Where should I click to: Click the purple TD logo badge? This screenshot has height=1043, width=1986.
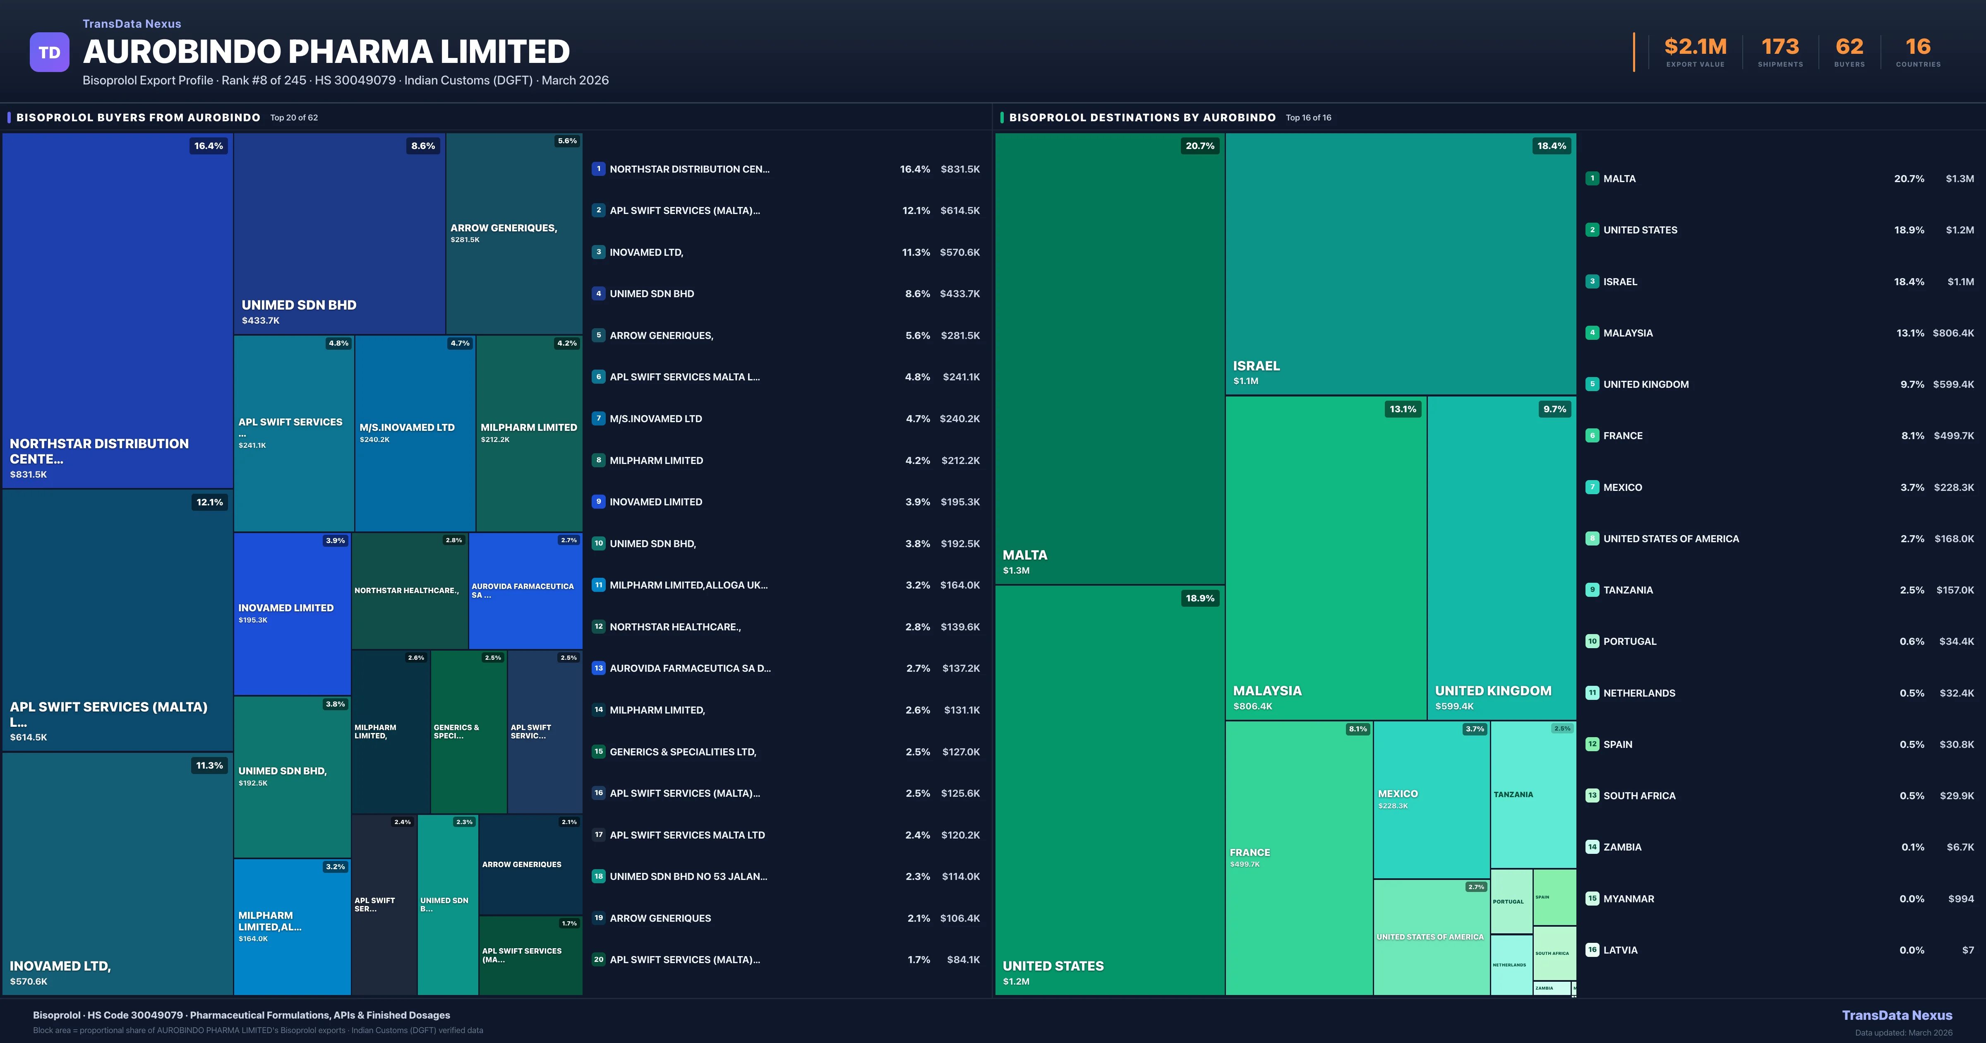49,53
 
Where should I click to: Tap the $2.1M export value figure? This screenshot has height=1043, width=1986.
1696,47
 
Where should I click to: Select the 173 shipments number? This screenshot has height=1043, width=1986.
1780,47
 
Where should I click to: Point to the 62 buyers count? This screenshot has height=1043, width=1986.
1849,47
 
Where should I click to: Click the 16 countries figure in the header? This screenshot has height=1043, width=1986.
1918,47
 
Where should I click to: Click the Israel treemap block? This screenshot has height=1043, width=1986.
1400,264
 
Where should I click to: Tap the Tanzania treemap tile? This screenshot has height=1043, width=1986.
1533,795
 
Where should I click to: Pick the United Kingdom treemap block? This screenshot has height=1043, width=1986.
1501,557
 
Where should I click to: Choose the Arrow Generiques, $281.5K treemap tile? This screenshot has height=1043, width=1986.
513,233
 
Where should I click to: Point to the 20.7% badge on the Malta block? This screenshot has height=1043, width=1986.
1199,146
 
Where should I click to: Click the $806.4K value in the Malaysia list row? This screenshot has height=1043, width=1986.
1953,333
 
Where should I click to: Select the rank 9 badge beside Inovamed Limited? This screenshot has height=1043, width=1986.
598,502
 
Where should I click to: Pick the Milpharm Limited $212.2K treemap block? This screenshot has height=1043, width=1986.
529,433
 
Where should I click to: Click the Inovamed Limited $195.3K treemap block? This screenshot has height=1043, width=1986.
292,613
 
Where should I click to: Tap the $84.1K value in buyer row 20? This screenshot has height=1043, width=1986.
963,960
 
